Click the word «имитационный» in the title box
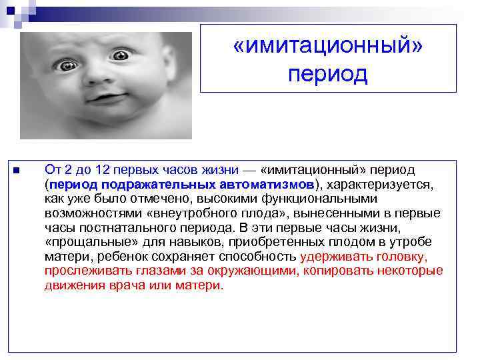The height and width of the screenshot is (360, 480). pos(328,47)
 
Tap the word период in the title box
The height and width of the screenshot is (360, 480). pos(328,74)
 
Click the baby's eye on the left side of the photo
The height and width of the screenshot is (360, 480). pos(68,65)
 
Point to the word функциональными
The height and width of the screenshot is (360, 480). pos(320,199)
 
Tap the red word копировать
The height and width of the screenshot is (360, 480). pos(347,271)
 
